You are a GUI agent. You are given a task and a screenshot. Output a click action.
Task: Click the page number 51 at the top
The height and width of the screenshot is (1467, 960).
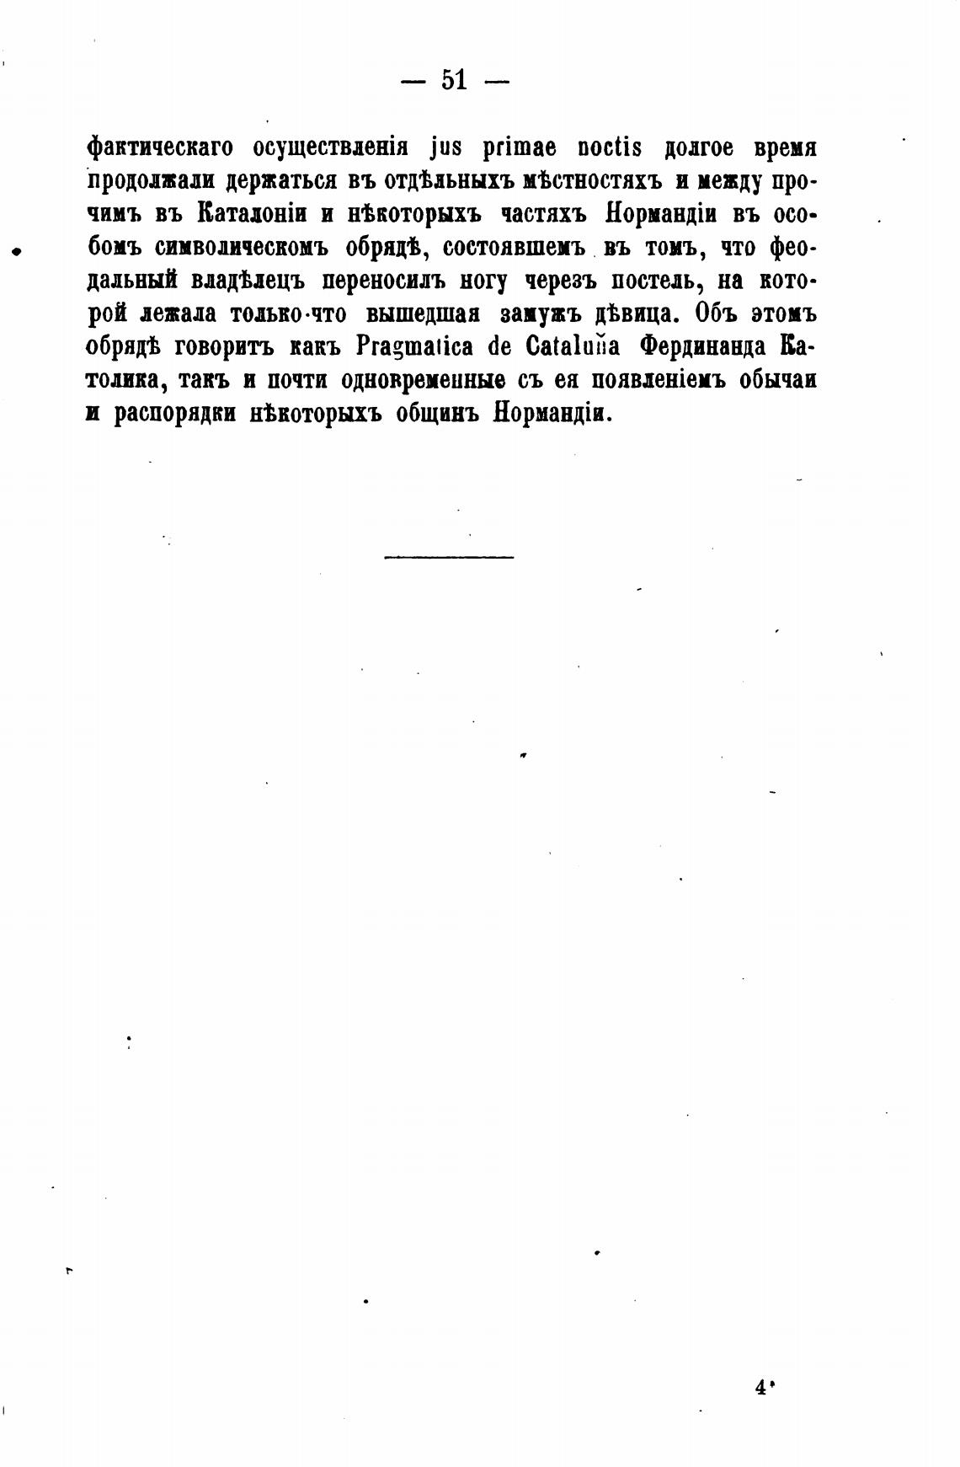[x=453, y=81]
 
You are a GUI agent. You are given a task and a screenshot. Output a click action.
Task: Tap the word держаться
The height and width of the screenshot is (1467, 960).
[x=269, y=182]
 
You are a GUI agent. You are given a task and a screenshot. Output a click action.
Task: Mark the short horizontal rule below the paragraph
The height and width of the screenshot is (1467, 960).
[x=448, y=557]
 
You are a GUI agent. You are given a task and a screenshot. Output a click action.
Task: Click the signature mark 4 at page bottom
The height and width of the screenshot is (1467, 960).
[x=762, y=1389]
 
